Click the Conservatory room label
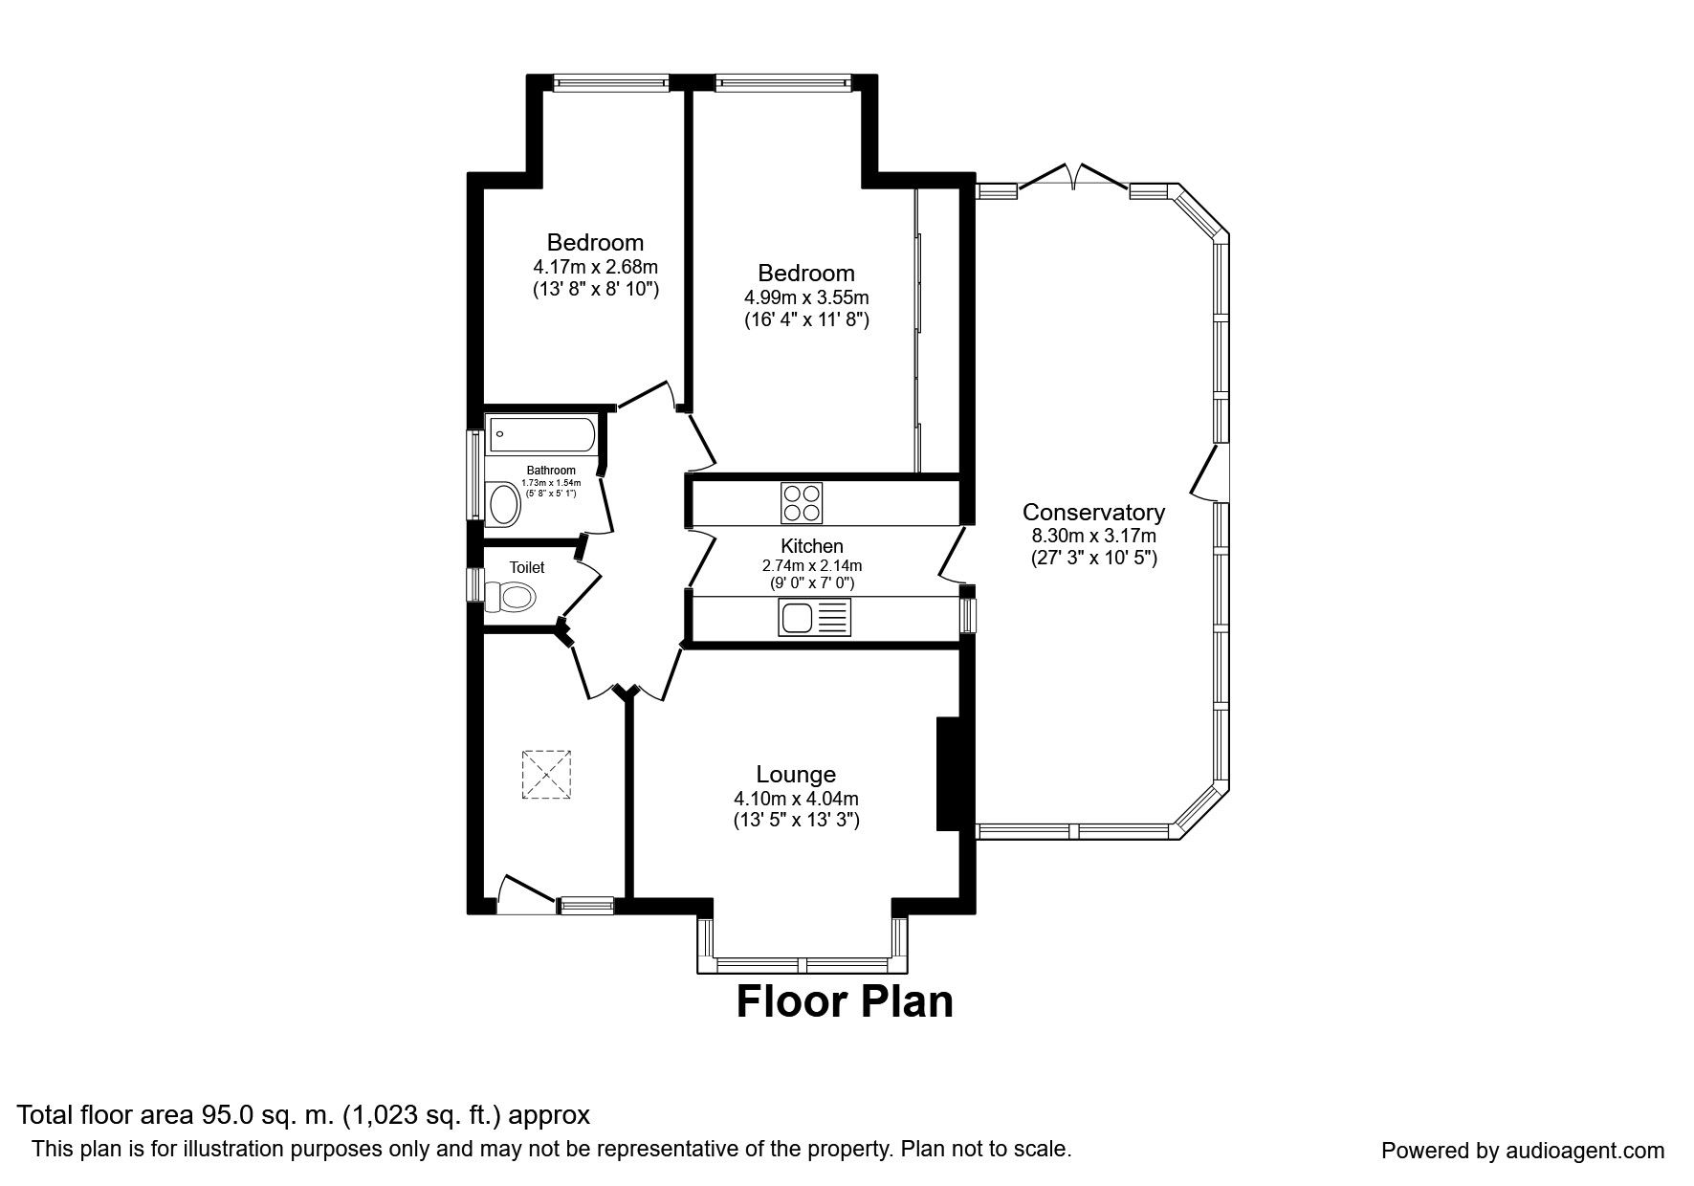point(1093,512)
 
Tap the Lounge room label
point(796,774)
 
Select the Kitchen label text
point(812,546)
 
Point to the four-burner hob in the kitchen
point(803,502)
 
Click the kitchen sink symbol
point(814,617)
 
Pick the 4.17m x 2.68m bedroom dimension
point(596,267)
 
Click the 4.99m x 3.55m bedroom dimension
point(807,297)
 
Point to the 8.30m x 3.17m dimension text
point(1093,536)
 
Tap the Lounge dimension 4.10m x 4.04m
point(796,798)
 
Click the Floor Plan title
point(845,1001)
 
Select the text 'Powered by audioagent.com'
point(1523,1151)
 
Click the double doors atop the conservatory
point(1073,176)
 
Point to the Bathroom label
point(551,470)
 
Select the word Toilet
point(527,567)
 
